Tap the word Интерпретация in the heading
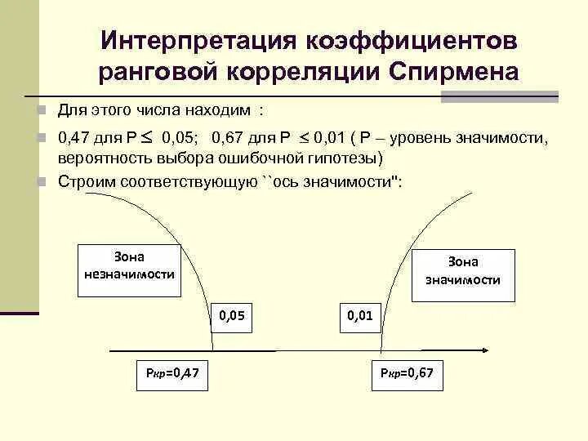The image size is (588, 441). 196,40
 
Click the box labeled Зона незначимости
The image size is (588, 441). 129,264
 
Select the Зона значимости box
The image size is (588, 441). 462,270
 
